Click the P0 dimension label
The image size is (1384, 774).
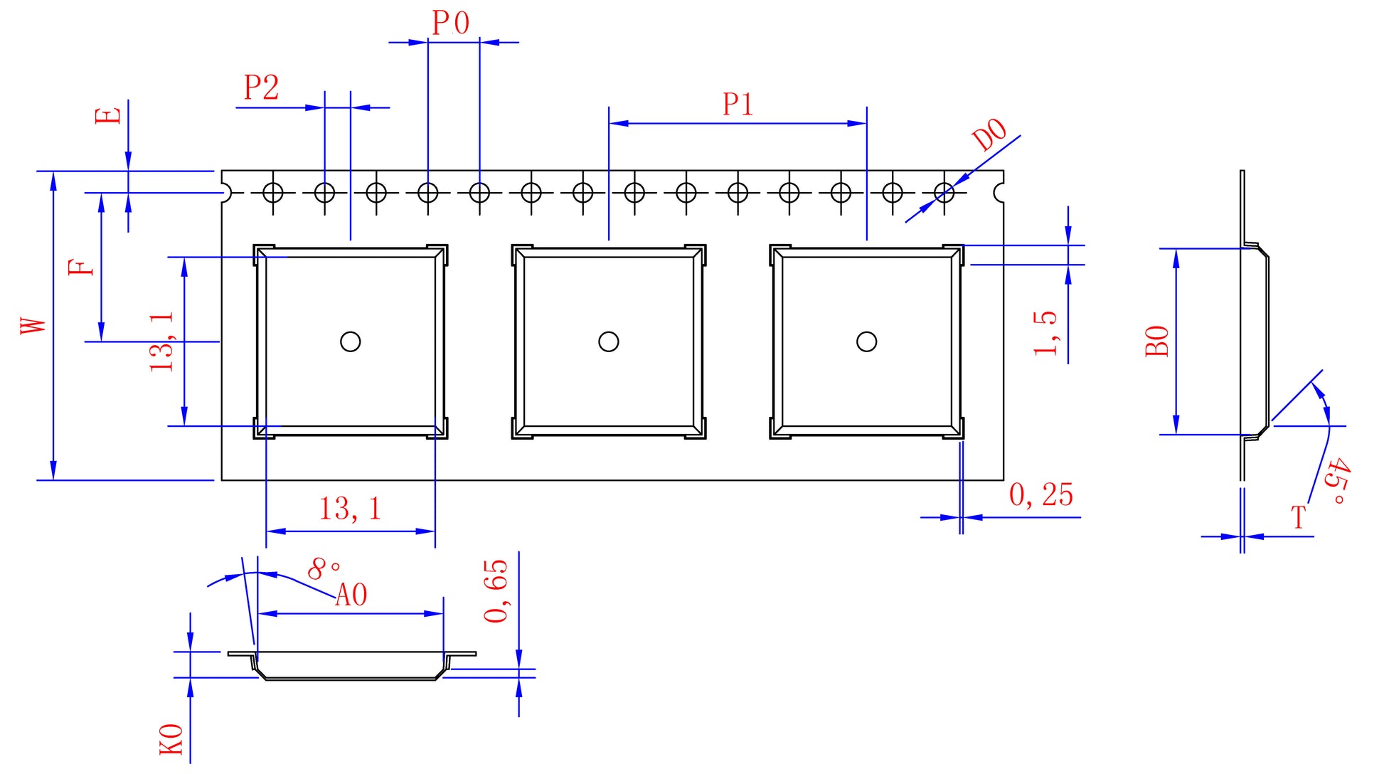pyautogui.click(x=451, y=23)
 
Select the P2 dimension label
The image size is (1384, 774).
pyautogui.click(x=261, y=88)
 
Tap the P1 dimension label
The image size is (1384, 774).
pyautogui.click(x=738, y=105)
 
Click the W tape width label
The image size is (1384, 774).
pyautogui.click(x=33, y=325)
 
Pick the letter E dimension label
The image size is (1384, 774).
pyautogui.click(x=109, y=116)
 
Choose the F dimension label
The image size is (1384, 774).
pyautogui.click(x=81, y=267)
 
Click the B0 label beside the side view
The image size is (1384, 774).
pyautogui.click(x=1158, y=341)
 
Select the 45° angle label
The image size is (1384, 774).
pyautogui.click(x=1337, y=482)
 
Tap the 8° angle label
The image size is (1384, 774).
pyautogui.click(x=324, y=568)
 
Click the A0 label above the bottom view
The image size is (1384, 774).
pyautogui.click(x=351, y=595)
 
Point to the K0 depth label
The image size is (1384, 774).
pyautogui.click(x=171, y=739)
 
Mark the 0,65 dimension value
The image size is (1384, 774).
pyautogui.click(x=496, y=590)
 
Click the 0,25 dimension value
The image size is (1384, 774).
pyautogui.click(x=1040, y=495)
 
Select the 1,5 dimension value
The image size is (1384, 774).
pyautogui.click(x=1045, y=333)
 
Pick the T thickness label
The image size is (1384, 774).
pyautogui.click(x=1299, y=517)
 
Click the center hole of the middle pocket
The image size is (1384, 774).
pyautogui.click(x=608, y=341)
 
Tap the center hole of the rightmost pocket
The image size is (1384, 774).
pyautogui.click(x=866, y=341)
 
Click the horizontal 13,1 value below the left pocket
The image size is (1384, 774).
pyautogui.click(x=350, y=509)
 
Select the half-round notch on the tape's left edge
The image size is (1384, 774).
pyautogui.click(x=225, y=192)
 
